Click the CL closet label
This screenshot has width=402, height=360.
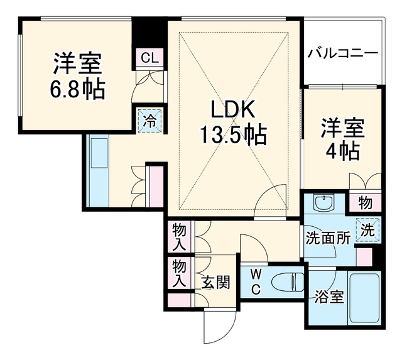[149, 58]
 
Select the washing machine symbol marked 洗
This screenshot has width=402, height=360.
[368, 230]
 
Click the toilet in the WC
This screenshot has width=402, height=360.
[288, 282]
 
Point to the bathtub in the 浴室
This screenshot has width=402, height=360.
[364, 298]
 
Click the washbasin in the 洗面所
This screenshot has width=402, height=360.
[324, 202]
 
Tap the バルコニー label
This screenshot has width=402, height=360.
[343, 53]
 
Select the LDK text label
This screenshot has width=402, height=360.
[233, 109]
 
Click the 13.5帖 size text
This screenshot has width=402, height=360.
[233, 134]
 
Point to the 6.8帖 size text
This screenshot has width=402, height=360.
[77, 89]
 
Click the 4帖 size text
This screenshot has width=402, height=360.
[342, 151]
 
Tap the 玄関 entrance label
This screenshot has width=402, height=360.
[215, 282]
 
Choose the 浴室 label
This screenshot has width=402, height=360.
[329, 297]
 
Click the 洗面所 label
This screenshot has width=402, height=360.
[329, 239]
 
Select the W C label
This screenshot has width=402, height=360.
[256, 283]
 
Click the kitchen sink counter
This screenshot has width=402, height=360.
[98, 170]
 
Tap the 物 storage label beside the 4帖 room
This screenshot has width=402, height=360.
[366, 203]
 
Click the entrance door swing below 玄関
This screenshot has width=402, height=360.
[220, 325]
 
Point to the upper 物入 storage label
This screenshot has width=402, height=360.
[179, 237]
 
